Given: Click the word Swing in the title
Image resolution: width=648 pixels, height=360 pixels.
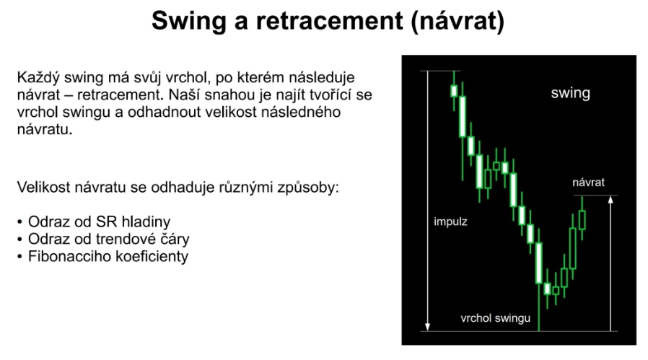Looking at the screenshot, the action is (189, 21).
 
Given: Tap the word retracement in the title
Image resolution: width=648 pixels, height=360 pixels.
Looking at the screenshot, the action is (329, 20).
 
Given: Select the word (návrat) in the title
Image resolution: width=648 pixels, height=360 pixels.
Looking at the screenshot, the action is (457, 21).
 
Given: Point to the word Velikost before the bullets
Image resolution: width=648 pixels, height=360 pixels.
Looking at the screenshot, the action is (44, 188).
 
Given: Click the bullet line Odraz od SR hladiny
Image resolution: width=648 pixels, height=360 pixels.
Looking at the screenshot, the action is (99, 222).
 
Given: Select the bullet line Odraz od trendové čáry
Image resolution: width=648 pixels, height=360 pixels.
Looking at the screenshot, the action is (109, 240).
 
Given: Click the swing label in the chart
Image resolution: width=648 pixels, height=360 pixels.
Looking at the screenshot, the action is (570, 93).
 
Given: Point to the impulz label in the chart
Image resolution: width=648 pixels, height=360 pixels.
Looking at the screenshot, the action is (450, 222).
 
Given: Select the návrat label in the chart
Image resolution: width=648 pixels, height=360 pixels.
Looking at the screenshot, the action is (589, 183).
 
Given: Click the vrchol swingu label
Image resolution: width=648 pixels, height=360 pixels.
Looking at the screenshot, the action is (495, 318).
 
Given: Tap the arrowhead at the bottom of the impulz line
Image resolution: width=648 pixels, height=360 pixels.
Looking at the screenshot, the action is (428, 327).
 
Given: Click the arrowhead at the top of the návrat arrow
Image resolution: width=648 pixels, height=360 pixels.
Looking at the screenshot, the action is (610, 200).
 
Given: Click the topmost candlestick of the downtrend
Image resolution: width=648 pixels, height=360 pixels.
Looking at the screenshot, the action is (454, 91).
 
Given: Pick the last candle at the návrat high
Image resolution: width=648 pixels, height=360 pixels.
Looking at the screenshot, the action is (582, 220).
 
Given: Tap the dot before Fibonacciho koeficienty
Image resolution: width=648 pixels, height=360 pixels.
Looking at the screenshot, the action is (19, 257).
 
